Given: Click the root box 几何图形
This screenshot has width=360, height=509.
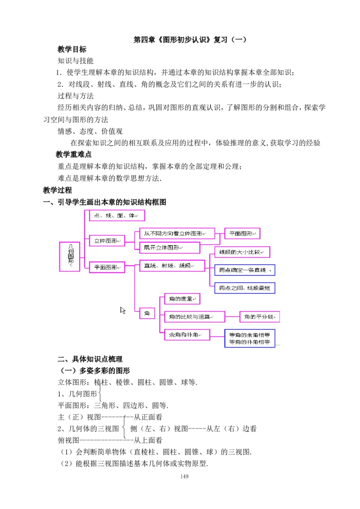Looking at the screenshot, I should (x=70, y=256).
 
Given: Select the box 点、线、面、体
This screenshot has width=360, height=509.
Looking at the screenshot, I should (x=117, y=216).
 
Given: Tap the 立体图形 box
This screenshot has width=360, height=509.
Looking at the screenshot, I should (x=107, y=241).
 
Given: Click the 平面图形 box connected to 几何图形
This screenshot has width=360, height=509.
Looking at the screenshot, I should (x=107, y=267).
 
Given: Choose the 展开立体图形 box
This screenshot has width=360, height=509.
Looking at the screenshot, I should (x=170, y=248).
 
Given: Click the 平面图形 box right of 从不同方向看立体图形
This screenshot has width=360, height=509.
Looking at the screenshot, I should (x=242, y=234).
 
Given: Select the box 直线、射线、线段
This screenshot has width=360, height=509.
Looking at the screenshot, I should (x=172, y=266).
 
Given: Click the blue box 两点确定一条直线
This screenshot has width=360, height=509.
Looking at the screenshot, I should (x=245, y=270).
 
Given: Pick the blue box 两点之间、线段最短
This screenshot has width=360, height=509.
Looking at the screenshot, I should (x=245, y=288).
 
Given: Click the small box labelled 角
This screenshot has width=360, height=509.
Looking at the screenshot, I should (x=147, y=313).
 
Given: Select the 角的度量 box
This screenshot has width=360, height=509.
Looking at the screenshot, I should (x=182, y=299).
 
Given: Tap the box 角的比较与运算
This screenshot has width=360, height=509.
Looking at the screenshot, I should (x=194, y=317).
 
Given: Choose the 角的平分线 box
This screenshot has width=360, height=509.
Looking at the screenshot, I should (x=260, y=317).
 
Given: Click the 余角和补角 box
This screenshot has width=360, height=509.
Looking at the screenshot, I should (x=187, y=335).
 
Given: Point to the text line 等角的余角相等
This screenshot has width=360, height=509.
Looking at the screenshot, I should (x=250, y=335).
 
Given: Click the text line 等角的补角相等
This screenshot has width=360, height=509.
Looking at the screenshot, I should (x=250, y=342).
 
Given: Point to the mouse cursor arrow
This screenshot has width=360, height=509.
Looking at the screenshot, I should (x=122, y=310).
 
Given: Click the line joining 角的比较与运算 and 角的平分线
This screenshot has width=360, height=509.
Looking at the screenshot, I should (x=232, y=317).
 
